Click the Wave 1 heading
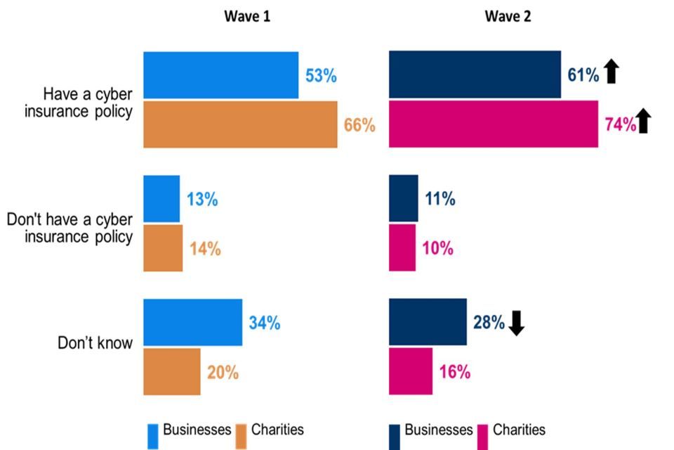[x=246, y=17]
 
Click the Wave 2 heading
[x=508, y=17]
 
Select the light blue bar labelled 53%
[x=220, y=75]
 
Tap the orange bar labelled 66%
[x=240, y=124]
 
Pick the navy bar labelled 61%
[x=475, y=75]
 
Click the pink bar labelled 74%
[x=494, y=124]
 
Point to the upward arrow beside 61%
[x=612, y=72]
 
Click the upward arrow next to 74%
[x=645, y=122]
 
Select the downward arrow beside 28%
[x=517, y=323]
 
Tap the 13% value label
[x=202, y=199]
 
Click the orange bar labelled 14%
[x=163, y=248]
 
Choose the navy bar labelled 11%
[x=404, y=199]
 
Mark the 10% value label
[x=438, y=248]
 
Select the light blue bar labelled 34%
[x=192, y=323]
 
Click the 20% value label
[x=223, y=372]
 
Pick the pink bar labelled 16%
[x=411, y=371]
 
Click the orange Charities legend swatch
[x=242, y=435]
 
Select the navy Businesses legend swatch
[x=395, y=435]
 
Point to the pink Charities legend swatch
[x=483, y=435]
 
